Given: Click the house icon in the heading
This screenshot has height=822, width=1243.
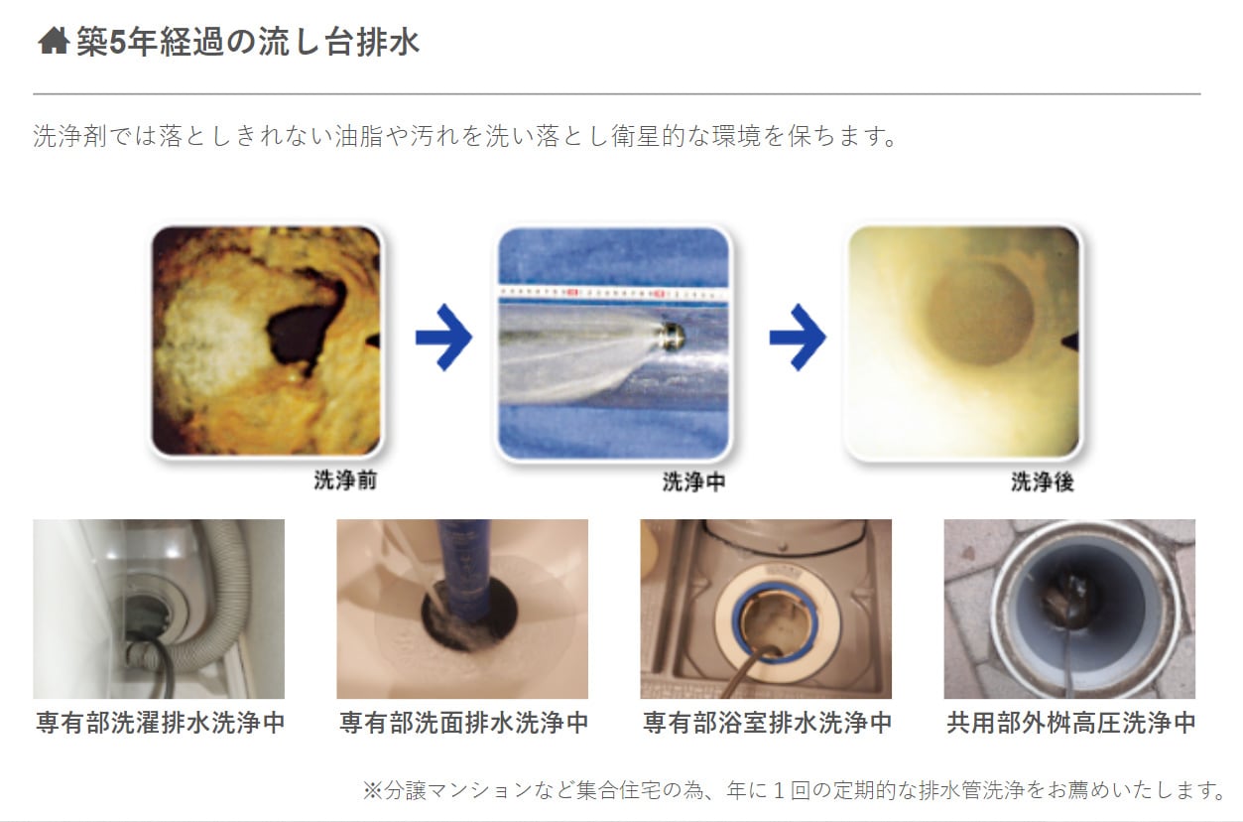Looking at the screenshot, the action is (54, 42).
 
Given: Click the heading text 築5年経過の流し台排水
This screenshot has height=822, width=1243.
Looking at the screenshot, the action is (247, 42).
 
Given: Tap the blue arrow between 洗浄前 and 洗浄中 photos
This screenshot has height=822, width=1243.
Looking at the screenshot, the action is (444, 338).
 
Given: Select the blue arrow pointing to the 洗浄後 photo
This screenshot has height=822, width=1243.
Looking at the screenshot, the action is (798, 338).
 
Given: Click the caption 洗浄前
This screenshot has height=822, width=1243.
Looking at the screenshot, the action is (345, 480).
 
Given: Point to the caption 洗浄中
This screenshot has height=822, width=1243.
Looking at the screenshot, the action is (693, 481).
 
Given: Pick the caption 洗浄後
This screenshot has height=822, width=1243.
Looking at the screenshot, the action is (1043, 481).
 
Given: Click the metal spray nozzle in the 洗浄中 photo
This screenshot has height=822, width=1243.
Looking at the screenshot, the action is (671, 336).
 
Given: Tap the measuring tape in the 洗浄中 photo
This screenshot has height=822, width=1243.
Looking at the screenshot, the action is (613, 293).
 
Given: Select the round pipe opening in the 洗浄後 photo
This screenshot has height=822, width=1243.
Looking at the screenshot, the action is (979, 314).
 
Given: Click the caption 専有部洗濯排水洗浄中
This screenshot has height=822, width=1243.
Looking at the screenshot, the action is (161, 723).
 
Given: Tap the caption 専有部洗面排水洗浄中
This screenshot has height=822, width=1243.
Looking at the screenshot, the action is (464, 723).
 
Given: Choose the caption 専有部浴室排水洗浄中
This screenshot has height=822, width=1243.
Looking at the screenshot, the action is (768, 723).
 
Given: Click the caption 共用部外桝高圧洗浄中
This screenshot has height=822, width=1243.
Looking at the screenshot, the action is (1071, 723).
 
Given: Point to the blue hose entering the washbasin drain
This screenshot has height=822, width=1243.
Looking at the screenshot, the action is (464, 567).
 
